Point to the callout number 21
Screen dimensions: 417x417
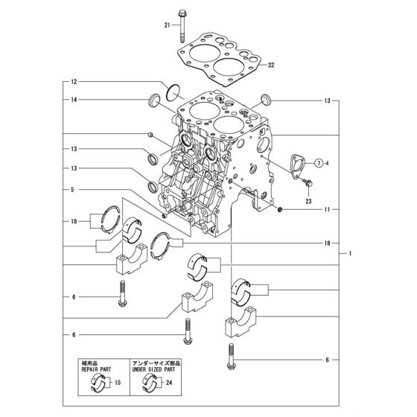pos(168,26)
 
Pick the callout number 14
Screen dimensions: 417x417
pos(74,99)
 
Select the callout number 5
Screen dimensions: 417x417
pos(74,189)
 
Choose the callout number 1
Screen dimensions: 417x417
pos(350,253)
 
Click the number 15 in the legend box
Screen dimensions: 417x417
pos(118,383)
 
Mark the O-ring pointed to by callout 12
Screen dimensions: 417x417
pos(173,93)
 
